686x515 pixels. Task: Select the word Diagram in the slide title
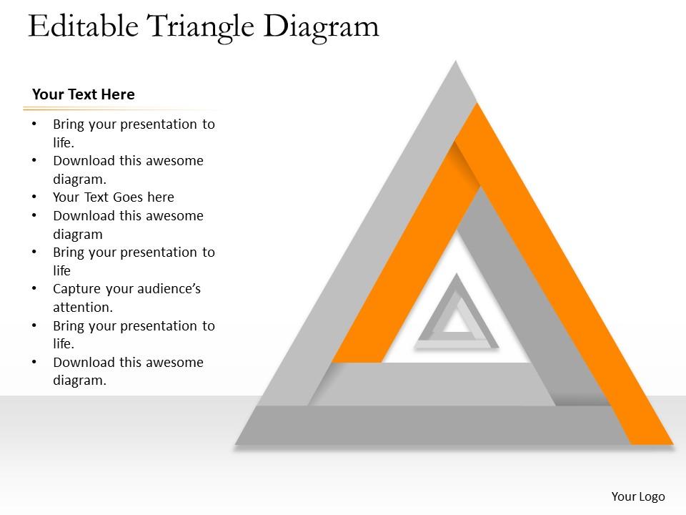coord(321,26)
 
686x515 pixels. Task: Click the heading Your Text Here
coord(84,94)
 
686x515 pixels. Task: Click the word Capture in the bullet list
coord(77,289)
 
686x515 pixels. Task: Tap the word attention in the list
coord(81,308)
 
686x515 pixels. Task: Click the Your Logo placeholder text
coord(638,496)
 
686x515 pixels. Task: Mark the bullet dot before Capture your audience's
coord(35,289)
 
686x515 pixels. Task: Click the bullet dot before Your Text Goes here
coord(35,197)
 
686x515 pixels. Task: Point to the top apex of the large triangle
coord(455,64)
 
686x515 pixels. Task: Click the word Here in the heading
coord(118,94)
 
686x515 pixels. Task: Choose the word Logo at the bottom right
coord(652,496)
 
